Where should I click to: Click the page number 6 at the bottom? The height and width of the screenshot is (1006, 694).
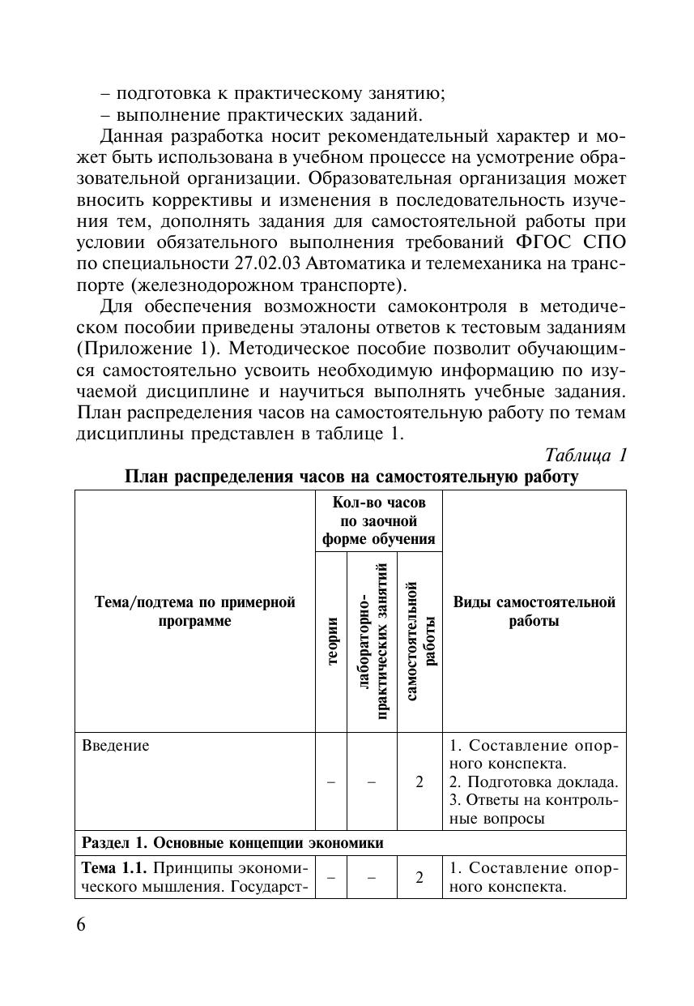point(81,927)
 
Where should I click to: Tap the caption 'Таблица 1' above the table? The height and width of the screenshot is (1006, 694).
point(586,455)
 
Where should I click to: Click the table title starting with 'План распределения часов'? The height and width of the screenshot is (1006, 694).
point(351,477)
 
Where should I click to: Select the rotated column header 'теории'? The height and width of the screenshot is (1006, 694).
point(331,641)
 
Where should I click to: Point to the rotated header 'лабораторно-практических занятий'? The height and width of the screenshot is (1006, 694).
point(372,641)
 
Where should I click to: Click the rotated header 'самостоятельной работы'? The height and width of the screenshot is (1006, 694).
point(419,641)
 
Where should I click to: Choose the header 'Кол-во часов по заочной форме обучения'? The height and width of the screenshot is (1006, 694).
point(378,520)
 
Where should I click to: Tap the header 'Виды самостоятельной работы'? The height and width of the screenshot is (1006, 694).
point(534,611)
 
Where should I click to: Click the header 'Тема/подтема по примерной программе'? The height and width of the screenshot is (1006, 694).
point(195,611)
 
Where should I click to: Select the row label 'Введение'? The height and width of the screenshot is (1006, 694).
point(116,746)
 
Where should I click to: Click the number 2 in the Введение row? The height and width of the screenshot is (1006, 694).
point(419,782)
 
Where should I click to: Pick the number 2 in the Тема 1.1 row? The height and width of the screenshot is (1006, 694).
point(419,877)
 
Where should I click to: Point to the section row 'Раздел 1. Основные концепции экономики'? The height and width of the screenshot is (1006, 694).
point(233,843)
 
